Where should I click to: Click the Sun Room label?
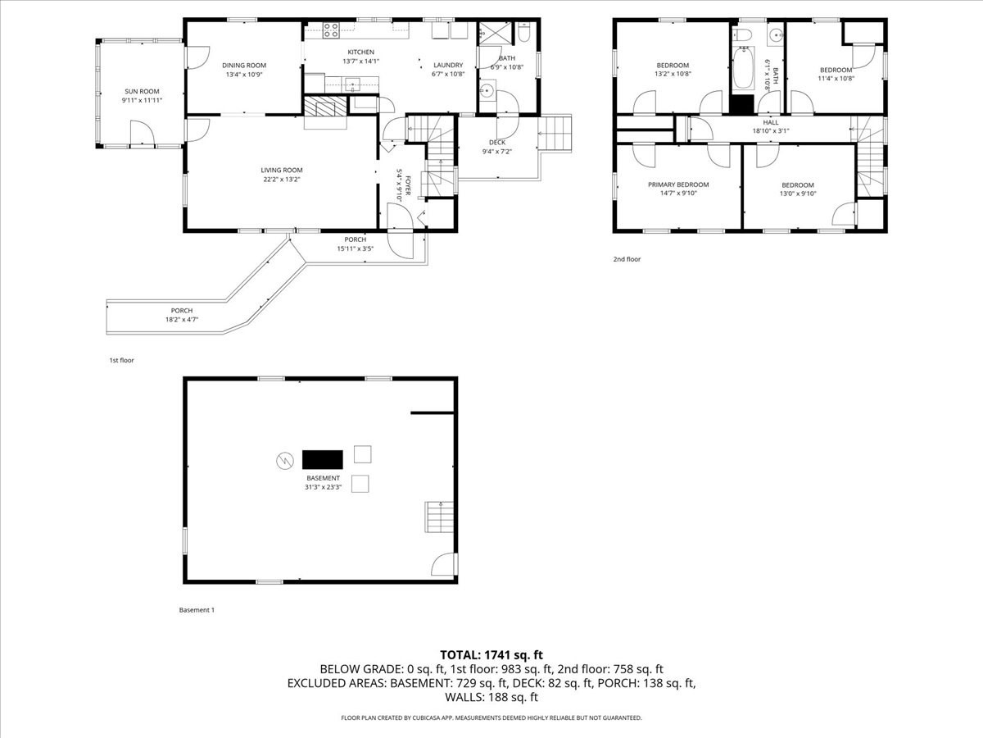[142, 91]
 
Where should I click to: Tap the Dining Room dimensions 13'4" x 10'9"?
[244, 75]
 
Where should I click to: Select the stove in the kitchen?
[332, 30]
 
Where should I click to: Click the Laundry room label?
[448, 65]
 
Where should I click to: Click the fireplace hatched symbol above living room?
[325, 108]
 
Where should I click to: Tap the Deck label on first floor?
[497, 142]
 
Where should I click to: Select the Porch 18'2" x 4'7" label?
[182, 310]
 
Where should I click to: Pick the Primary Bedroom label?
[678, 184]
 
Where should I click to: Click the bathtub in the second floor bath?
[743, 70]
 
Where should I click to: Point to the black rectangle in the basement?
[323, 458]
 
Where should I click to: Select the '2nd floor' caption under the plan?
[627, 259]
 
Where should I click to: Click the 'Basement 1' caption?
[197, 610]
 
